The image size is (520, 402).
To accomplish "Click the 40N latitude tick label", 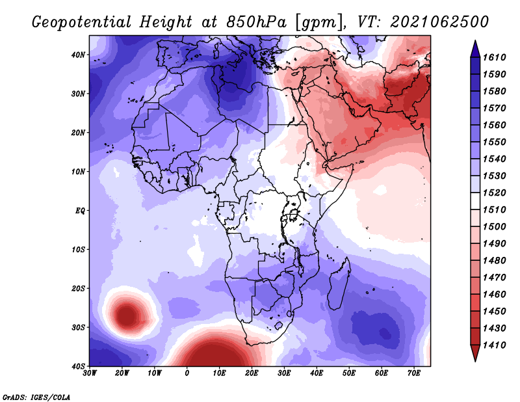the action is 78,55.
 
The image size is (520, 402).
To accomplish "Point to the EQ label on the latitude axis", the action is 80,211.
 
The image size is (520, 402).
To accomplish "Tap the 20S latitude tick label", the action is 78,288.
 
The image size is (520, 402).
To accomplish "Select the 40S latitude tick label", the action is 78,366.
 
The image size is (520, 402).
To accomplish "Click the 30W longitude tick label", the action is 90,373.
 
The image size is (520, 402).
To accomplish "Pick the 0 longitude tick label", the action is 187,373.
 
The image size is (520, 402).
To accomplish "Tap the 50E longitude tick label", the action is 349,373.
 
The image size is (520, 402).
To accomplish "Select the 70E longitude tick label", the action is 414,373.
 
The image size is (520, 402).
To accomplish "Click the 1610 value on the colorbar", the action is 494,57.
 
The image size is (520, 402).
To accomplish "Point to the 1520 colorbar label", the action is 494,193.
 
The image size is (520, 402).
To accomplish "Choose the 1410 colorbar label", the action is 494,345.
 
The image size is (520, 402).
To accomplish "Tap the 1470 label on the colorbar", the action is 494,278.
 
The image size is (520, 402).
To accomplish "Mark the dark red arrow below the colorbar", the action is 475,352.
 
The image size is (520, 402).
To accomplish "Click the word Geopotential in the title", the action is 82,22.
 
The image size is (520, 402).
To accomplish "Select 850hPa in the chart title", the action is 256,22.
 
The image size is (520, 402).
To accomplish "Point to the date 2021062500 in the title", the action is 439,21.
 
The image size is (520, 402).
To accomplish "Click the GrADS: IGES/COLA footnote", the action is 36,397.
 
